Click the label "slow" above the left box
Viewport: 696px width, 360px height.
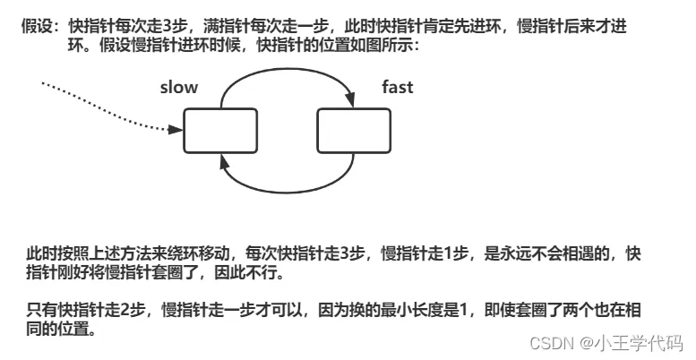(179, 87)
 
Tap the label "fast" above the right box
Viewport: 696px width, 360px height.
(398, 87)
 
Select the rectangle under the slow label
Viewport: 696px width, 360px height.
(220, 131)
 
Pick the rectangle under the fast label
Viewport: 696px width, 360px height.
(354, 131)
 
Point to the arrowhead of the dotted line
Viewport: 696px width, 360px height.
(176, 130)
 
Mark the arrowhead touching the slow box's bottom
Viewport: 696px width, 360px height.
(224, 161)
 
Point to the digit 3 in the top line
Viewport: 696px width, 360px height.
(167, 27)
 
